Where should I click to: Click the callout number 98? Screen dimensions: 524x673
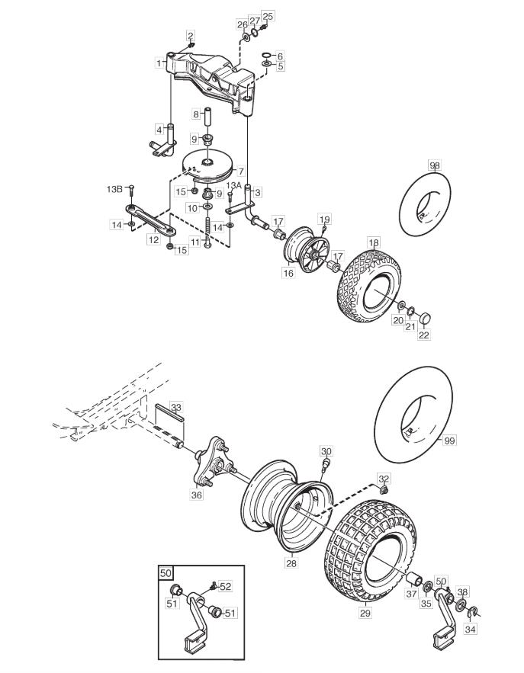pos(434,165)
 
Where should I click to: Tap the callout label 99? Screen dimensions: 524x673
pos(450,441)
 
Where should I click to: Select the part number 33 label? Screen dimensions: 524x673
pos(176,407)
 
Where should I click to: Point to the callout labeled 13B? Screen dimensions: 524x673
pos(114,188)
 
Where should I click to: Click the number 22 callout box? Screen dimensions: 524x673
pos(423,335)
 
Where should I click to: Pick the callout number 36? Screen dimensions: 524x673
pos(197,495)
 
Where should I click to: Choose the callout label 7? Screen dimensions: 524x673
pos(241,171)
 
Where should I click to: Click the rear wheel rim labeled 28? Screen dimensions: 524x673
pos(285,508)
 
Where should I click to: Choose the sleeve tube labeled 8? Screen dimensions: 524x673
pos(208,117)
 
